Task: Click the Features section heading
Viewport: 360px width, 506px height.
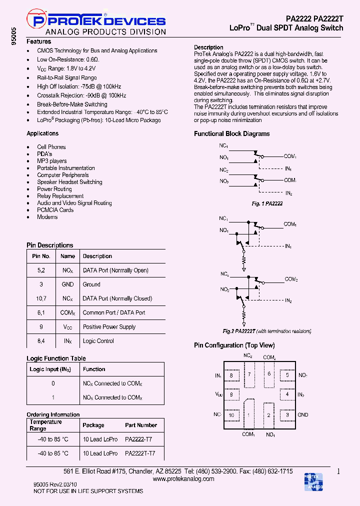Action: point(38,42)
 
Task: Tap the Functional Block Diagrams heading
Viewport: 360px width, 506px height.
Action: point(231,134)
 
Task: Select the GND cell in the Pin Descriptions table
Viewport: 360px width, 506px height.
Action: point(67,284)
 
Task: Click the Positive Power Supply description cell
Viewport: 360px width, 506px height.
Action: point(109,327)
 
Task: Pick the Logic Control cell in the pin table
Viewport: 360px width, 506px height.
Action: point(98,341)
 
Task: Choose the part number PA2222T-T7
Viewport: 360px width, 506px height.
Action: point(140,453)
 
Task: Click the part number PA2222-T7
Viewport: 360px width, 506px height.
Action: point(138,439)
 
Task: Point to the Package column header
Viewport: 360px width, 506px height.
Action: point(93,425)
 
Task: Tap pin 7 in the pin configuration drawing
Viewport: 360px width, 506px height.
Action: point(248,374)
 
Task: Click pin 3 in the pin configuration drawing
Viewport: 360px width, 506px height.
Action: point(287,415)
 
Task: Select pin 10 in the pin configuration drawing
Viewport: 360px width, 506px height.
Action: point(231,415)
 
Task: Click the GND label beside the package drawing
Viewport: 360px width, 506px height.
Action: point(303,415)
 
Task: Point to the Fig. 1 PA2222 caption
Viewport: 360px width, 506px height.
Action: point(267,204)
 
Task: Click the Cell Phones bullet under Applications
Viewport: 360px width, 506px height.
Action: point(51,147)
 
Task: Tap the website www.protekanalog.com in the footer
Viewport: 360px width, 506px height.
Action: point(183,479)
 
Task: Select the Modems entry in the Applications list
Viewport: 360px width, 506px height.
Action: point(47,217)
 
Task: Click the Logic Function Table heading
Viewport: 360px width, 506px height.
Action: point(56,358)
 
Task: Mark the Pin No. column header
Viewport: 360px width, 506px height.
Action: point(41,256)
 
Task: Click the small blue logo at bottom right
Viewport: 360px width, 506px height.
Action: point(313,481)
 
